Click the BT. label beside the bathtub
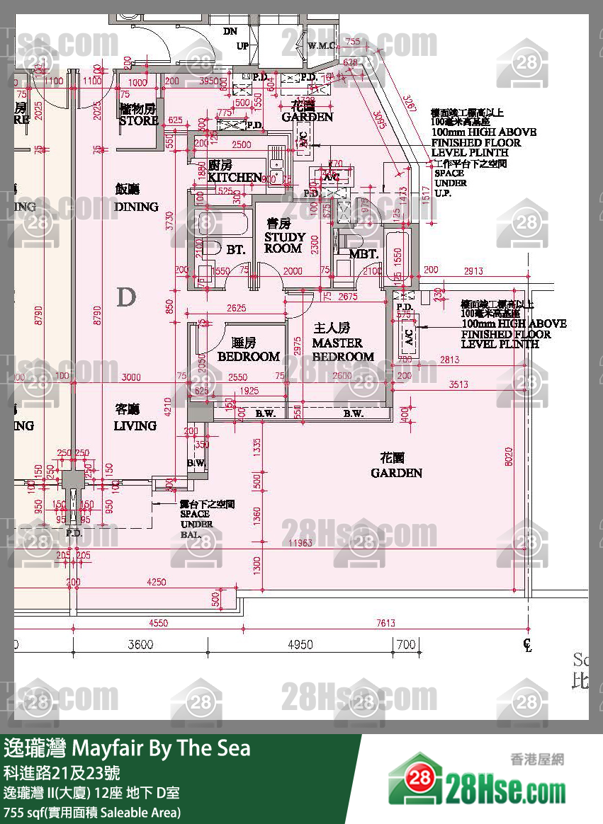pos(235,250)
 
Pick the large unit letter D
pos(125,297)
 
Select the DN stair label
pos(230,31)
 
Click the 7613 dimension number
pos(385,623)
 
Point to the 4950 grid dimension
pos(300,644)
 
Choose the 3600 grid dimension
pos(140,644)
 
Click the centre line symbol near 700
pos(526,644)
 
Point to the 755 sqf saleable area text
pos(92,812)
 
